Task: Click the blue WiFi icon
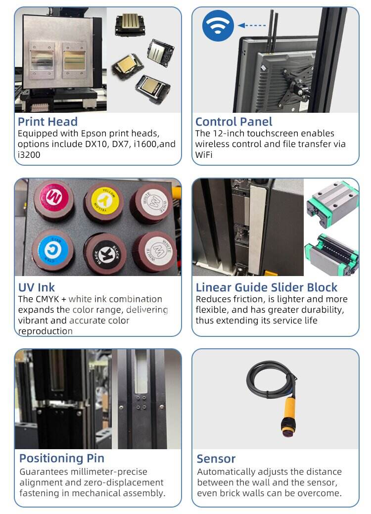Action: (218, 26)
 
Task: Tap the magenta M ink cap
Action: (54, 199)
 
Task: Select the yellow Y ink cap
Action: (103, 201)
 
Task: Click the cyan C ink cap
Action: (52, 250)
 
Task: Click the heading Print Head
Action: (47, 122)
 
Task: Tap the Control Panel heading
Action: (233, 122)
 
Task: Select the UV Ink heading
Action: (37, 287)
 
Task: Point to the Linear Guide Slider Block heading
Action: (267, 287)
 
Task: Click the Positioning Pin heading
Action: (62, 458)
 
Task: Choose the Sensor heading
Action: (216, 459)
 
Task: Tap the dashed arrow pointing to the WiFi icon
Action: (252, 25)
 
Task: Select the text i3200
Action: (29, 155)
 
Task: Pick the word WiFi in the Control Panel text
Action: (203, 155)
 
